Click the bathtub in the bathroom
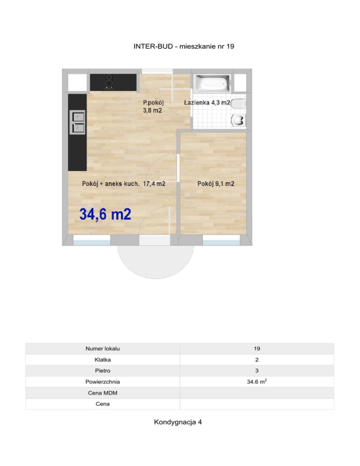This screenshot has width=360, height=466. pyautogui.click(x=212, y=83)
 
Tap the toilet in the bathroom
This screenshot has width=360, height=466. pyautogui.click(x=238, y=104)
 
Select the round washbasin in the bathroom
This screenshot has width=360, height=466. pyautogui.click(x=239, y=120)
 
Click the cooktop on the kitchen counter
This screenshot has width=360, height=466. pyautogui.click(x=109, y=82)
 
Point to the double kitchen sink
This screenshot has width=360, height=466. pyautogui.click(x=77, y=122)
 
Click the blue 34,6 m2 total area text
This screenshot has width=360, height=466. pyautogui.click(x=105, y=214)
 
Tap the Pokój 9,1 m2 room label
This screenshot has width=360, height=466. pyautogui.click(x=216, y=184)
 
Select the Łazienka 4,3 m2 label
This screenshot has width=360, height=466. pyautogui.click(x=207, y=103)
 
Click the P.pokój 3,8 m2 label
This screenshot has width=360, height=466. pyautogui.click(x=153, y=106)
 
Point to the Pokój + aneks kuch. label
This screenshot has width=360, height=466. pyautogui.click(x=111, y=184)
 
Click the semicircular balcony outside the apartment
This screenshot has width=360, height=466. pyautogui.click(x=156, y=262)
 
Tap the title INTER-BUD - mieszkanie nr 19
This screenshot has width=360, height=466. pyautogui.click(x=184, y=46)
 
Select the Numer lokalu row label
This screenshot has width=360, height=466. pyautogui.click(x=103, y=349)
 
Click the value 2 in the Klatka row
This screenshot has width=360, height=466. pyautogui.click(x=257, y=360)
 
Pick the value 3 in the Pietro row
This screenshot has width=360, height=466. pyautogui.click(x=257, y=371)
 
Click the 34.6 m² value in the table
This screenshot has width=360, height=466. pyautogui.click(x=257, y=382)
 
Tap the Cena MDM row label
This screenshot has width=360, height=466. pyautogui.click(x=103, y=393)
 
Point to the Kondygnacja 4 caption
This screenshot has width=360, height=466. pyautogui.click(x=178, y=422)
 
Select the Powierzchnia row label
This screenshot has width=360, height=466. pyautogui.click(x=103, y=382)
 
